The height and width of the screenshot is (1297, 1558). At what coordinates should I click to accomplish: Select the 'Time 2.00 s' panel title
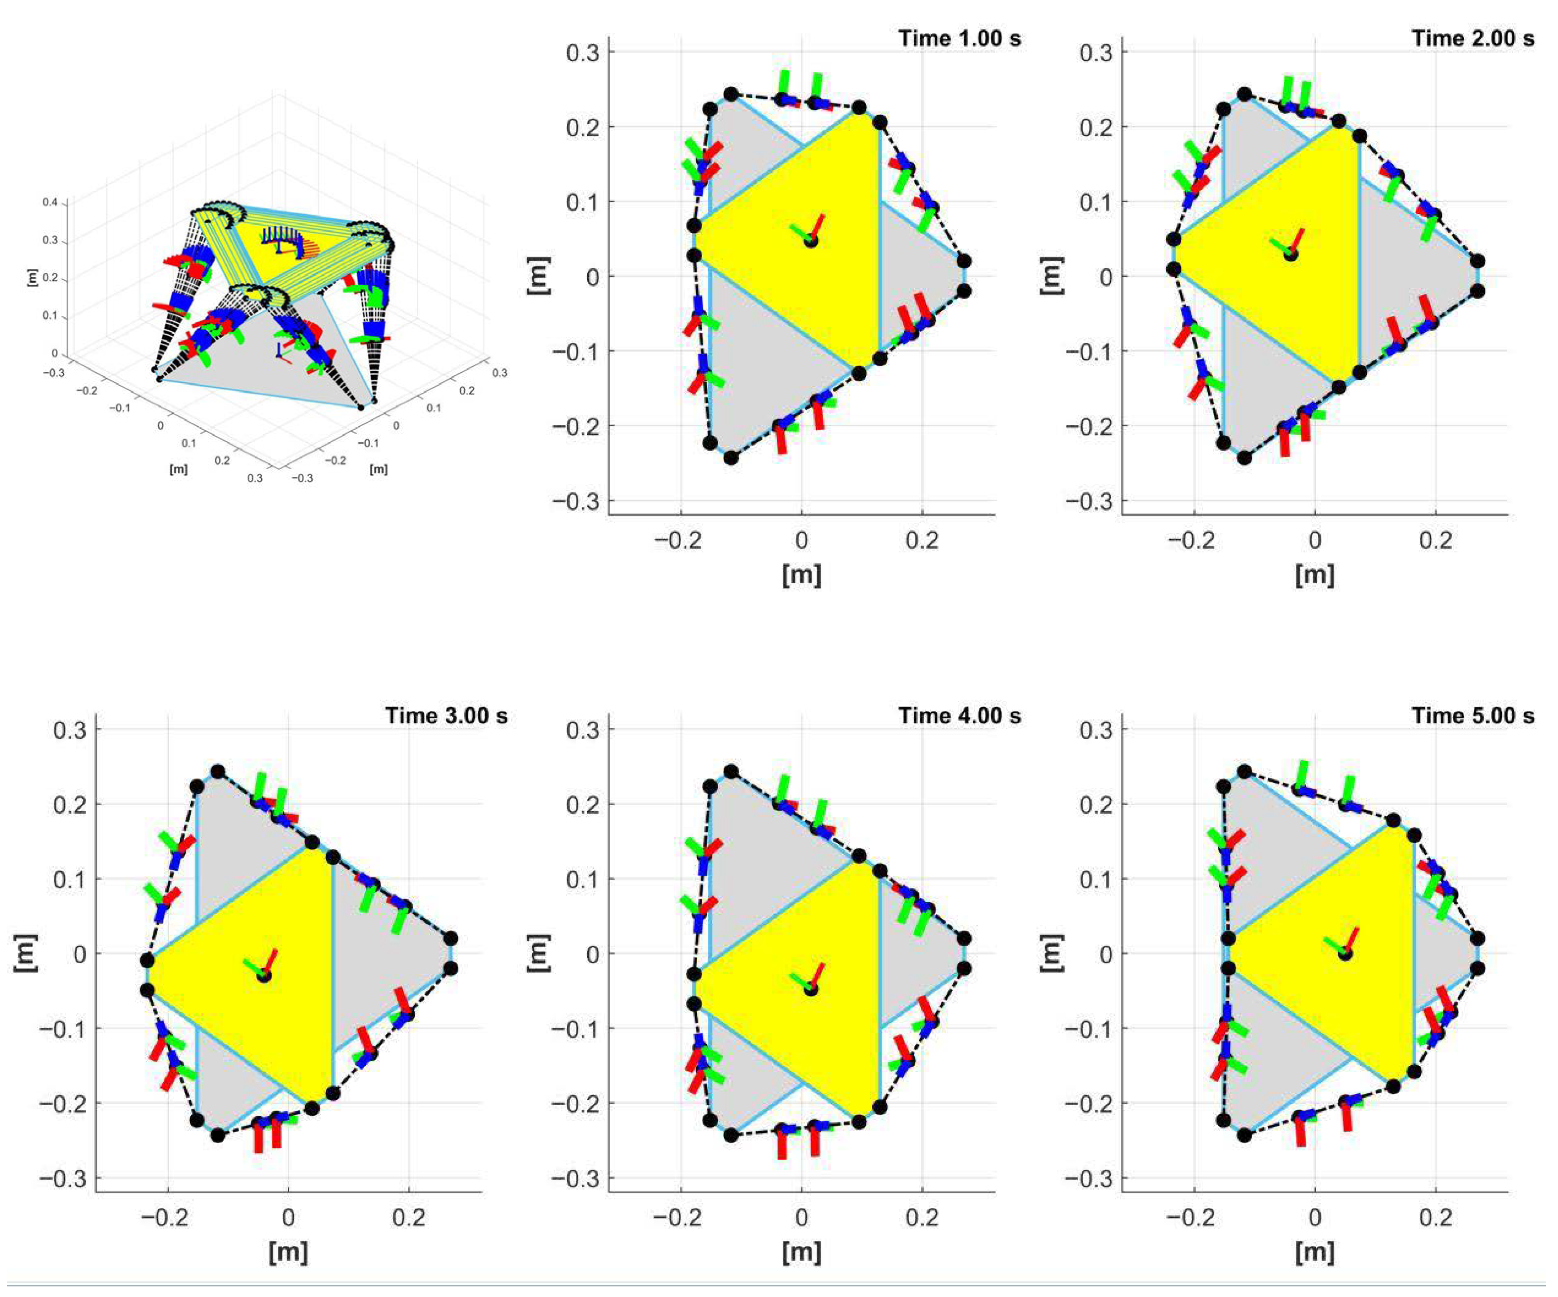(1473, 38)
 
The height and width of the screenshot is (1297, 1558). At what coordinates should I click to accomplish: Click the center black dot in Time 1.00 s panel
(811, 240)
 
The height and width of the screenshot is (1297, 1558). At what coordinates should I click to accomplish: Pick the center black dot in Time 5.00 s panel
(1345, 954)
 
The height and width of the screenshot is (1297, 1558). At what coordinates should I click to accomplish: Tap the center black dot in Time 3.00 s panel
(264, 976)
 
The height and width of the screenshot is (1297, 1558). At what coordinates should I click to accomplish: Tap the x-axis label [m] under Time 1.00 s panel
(801, 575)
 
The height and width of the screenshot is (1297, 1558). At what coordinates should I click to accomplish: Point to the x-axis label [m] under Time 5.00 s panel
(1315, 1253)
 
